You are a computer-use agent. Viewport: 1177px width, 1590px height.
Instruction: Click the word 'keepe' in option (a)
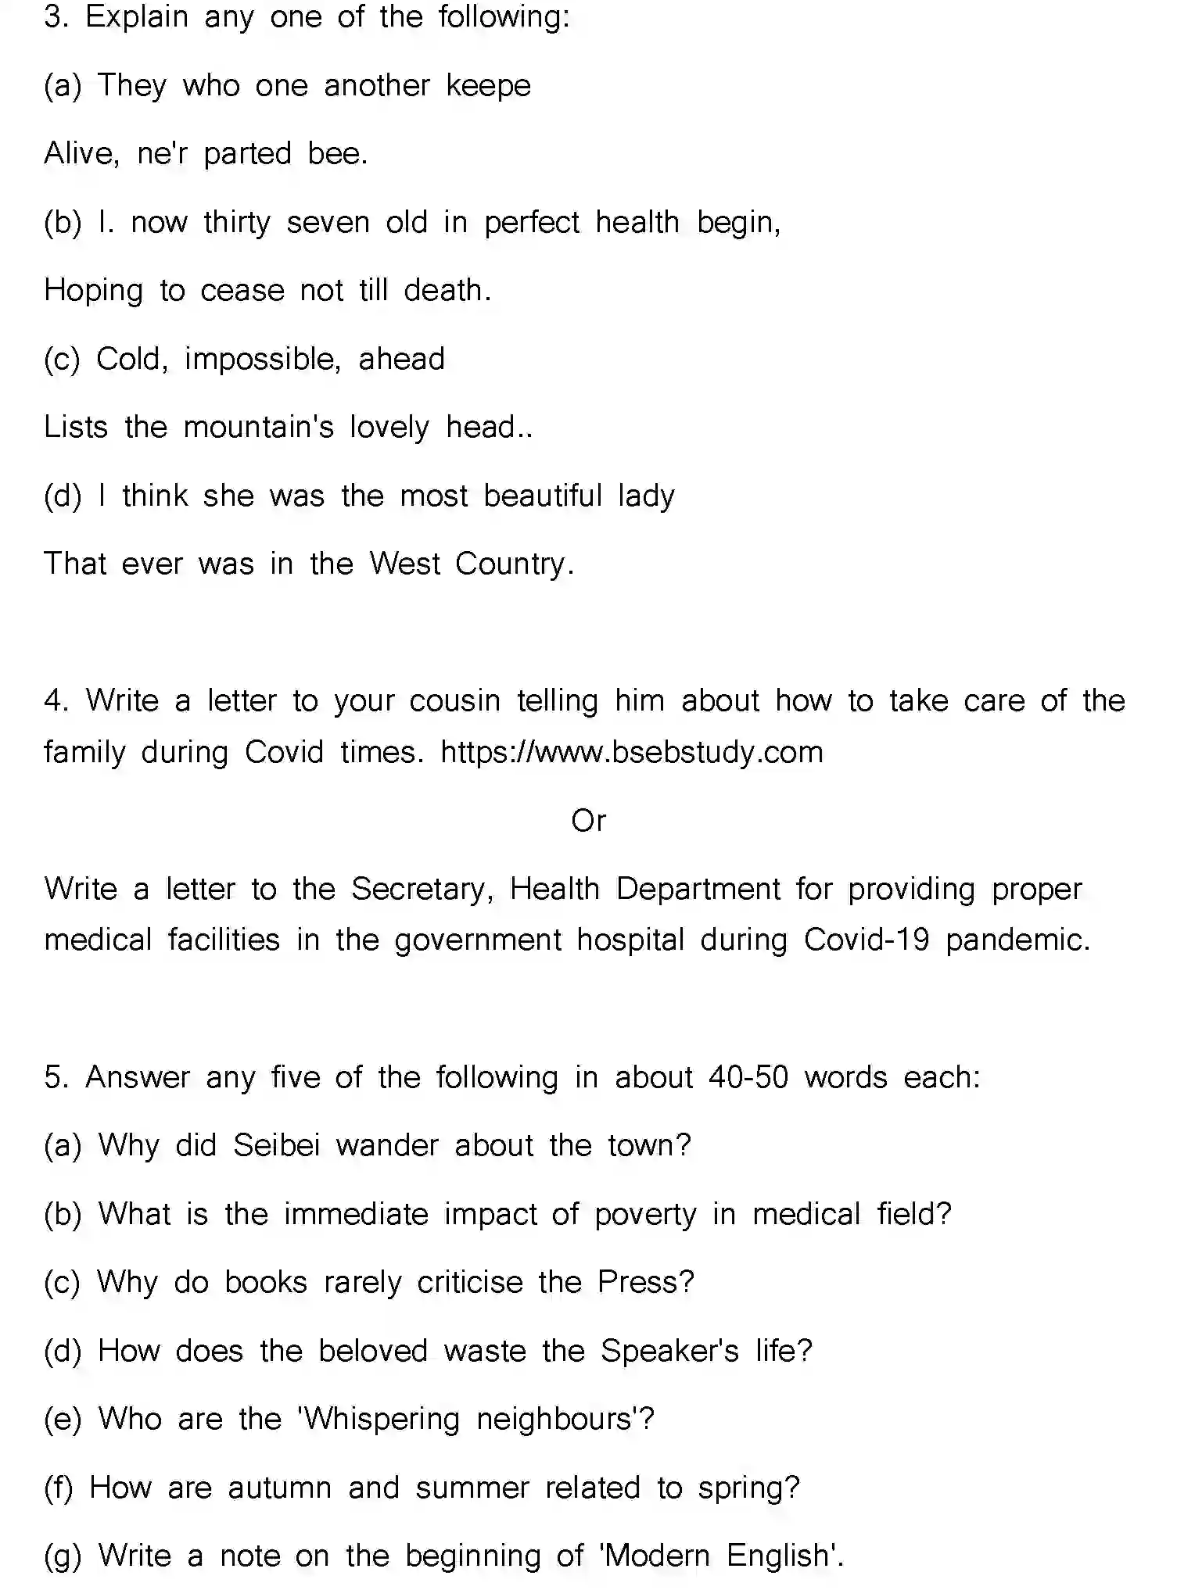pyautogui.click(x=488, y=86)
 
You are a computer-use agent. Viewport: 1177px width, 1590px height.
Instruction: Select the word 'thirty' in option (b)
pyautogui.click(x=236, y=223)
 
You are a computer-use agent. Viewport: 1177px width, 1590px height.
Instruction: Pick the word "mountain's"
pyautogui.click(x=258, y=428)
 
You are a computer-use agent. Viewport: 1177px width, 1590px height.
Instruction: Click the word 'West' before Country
pyautogui.click(x=404, y=564)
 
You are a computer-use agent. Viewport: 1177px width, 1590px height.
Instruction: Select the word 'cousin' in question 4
pyautogui.click(x=454, y=701)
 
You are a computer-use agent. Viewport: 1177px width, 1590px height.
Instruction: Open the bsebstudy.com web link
pyautogui.click(x=632, y=753)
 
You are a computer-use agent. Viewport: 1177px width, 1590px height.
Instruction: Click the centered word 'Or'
pyautogui.click(x=588, y=821)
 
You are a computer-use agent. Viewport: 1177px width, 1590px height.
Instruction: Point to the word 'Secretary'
pyautogui.click(x=421, y=890)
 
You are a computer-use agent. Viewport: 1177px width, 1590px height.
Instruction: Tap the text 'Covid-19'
pyautogui.click(x=867, y=940)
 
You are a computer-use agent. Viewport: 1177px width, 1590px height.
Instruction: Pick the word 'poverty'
pyautogui.click(x=644, y=1215)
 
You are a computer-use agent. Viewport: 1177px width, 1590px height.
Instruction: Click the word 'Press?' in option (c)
pyautogui.click(x=645, y=1283)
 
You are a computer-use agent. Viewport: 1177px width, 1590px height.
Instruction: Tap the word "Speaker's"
pyautogui.click(x=669, y=1352)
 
